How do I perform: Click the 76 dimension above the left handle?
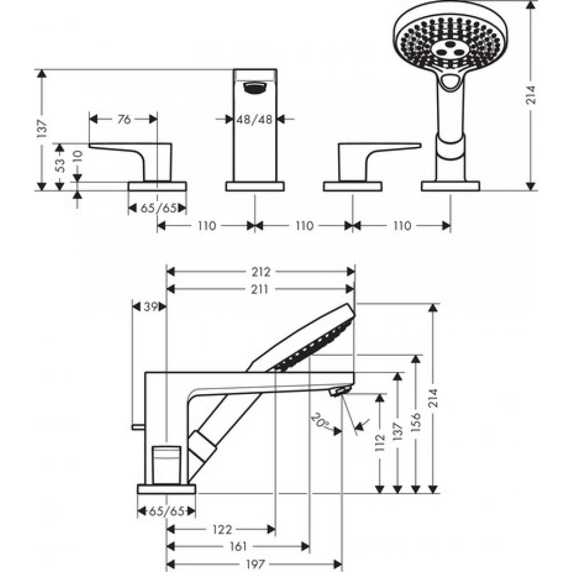[124, 119]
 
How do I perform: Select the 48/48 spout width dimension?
[255, 119]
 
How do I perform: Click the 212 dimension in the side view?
[260, 272]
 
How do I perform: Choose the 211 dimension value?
[260, 289]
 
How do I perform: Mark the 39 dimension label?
[150, 307]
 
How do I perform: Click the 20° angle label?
[320, 422]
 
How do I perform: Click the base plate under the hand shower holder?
[450, 186]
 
